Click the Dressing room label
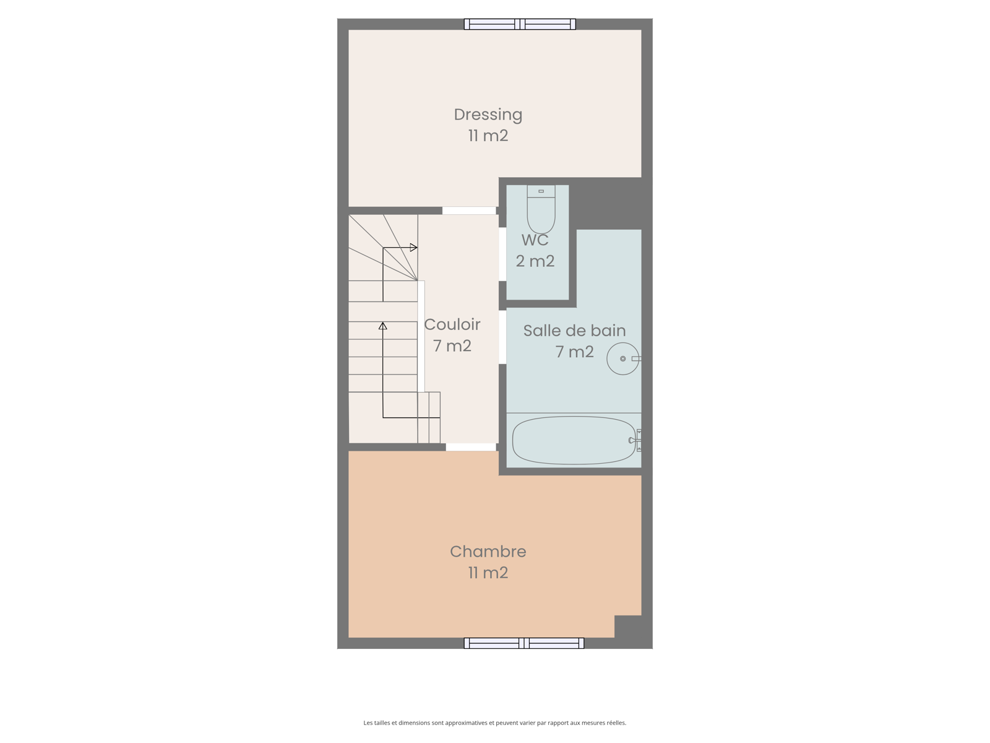[488, 115]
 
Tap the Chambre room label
[488, 552]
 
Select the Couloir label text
[452, 324]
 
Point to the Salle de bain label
[574, 331]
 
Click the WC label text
[535, 240]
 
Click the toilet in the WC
[541, 209]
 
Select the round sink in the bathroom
[623, 358]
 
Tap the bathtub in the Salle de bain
[574, 440]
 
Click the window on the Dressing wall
[520, 24]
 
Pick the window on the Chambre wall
[524, 643]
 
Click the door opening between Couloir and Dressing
[469, 211]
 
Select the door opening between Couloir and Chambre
[471, 447]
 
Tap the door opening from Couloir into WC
[502, 254]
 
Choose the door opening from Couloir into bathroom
[502, 337]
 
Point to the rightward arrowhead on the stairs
[413, 247]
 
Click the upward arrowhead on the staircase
[383, 326]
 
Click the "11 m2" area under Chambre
[488, 573]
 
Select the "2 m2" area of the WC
[535, 261]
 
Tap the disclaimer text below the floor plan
[495, 723]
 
